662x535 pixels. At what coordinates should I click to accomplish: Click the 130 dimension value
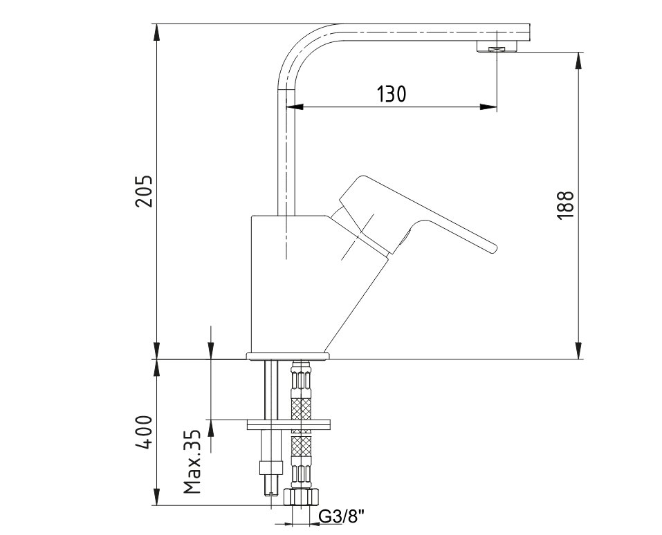click(x=391, y=94)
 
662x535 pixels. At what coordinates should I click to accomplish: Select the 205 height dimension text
click(x=144, y=190)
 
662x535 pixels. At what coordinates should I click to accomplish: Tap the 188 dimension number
click(x=566, y=205)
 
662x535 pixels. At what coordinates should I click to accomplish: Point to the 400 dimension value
click(x=144, y=432)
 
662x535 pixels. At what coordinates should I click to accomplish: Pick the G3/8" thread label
click(x=341, y=516)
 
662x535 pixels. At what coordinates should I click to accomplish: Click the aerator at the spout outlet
click(x=497, y=46)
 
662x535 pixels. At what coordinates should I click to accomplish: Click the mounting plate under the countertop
click(x=288, y=424)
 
